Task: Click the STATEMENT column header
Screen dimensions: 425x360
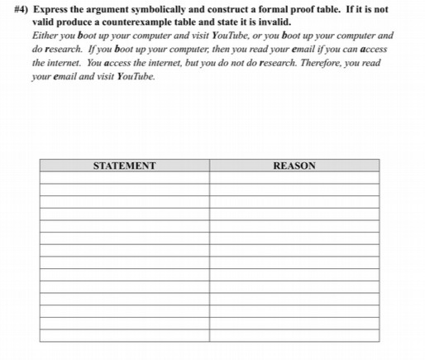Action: pos(124,166)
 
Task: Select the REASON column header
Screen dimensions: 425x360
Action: pos(294,166)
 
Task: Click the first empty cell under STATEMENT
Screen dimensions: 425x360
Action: pos(124,177)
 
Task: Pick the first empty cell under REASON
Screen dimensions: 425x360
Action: pos(294,177)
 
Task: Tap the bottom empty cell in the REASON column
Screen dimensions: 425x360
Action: pos(294,335)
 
